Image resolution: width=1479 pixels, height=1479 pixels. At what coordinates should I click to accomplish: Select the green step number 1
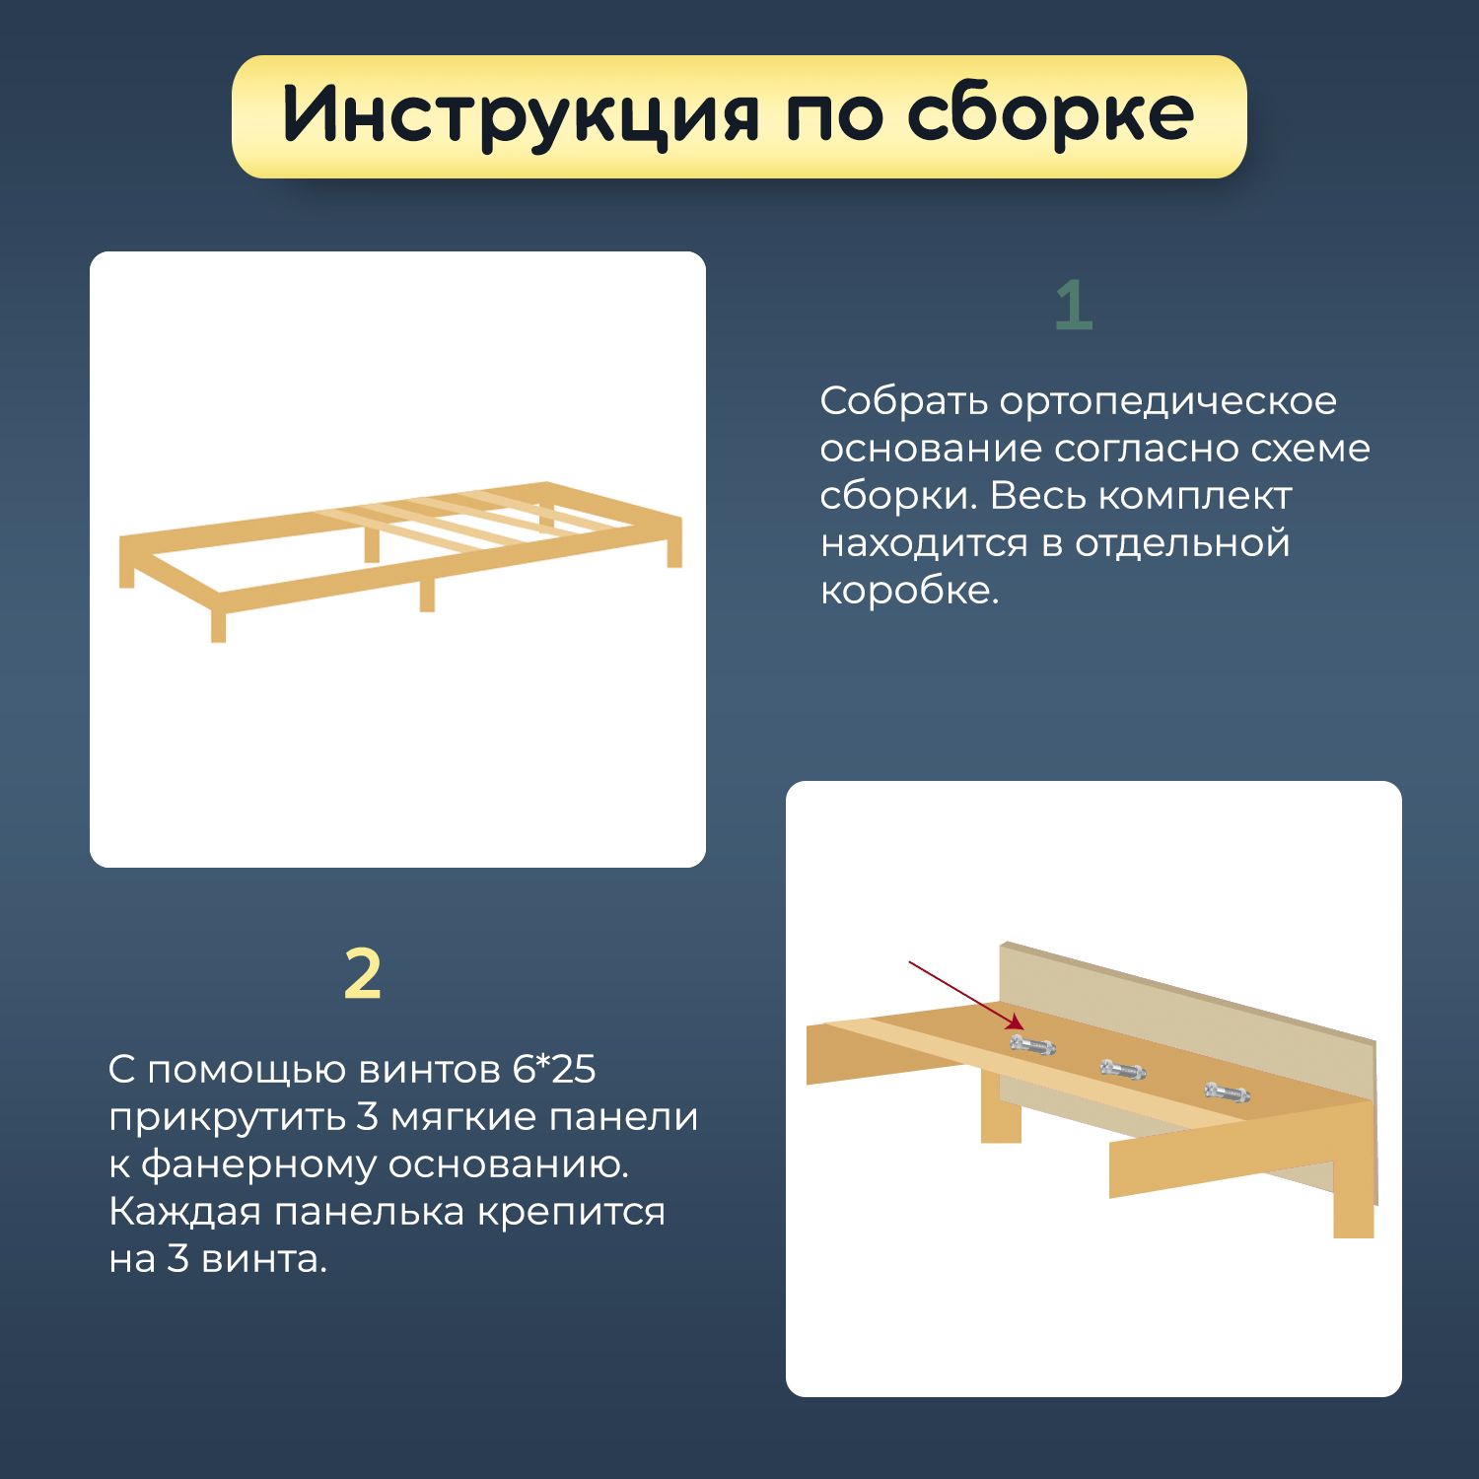(x=1074, y=306)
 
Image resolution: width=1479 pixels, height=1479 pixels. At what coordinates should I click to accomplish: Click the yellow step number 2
(x=363, y=974)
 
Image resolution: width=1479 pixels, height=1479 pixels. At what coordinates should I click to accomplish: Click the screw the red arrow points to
(x=1032, y=1044)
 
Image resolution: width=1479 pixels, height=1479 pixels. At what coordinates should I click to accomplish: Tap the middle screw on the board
(x=1124, y=1068)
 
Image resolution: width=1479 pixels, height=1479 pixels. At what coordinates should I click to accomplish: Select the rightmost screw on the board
(x=1228, y=1092)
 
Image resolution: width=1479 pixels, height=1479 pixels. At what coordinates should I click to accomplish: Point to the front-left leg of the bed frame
(x=218, y=626)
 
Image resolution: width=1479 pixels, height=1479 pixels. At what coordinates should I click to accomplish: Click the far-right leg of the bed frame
(x=674, y=552)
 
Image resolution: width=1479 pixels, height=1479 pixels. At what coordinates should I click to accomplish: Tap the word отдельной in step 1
(x=1182, y=544)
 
